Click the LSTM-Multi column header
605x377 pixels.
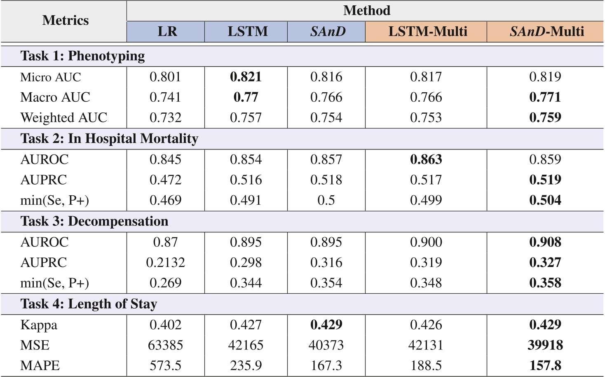coord(427,32)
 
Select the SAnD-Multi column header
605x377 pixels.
coord(546,32)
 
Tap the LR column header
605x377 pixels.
coord(167,32)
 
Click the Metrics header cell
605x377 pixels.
coord(65,20)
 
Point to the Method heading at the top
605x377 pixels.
coord(366,10)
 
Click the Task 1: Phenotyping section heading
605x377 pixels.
coord(82,56)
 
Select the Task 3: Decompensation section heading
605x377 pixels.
coord(94,221)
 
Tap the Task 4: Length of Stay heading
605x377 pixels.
coord(89,304)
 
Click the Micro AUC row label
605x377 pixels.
coord(51,77)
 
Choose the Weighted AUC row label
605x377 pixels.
coord(64,118)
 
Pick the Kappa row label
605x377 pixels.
coord(39,325)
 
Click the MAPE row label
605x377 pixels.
coord(40,365)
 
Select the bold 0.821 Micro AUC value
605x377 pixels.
coord(246,77)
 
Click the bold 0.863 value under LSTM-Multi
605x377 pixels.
coord(426,159)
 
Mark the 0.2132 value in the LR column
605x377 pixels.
coord(165,262)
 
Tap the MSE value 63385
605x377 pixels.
coord(165,345)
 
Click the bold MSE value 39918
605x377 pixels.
coord(545,345)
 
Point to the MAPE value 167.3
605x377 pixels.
coord(326,365)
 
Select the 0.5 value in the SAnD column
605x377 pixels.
coord(326,200)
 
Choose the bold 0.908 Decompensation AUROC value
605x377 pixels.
coord(545,242)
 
